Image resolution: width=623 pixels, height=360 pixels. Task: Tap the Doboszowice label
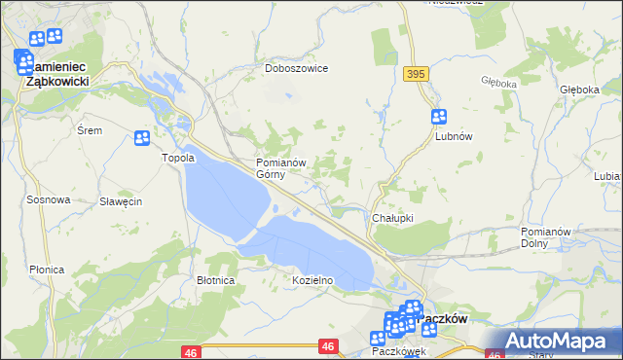coord(297,69)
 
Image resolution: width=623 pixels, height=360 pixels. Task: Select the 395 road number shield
coord(418,74)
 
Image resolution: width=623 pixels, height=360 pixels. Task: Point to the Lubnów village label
coord(453,137)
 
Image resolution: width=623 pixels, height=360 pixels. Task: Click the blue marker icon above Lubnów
coord(439,117)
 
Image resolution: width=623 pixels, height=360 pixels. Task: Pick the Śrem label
coord(89,129)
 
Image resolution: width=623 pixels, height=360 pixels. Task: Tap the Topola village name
coord(178,158)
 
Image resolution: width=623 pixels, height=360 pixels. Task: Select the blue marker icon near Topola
coord(142,138)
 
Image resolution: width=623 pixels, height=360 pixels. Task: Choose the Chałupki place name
coord(393,218)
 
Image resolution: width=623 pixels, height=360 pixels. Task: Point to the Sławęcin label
coord(122,201)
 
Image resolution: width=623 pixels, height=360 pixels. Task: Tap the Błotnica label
coord(215,280)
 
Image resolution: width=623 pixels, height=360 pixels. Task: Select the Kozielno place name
coord(313,280)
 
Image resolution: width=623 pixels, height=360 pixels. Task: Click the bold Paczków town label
coord(443,318)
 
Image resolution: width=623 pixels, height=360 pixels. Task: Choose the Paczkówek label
coord(392,350)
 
